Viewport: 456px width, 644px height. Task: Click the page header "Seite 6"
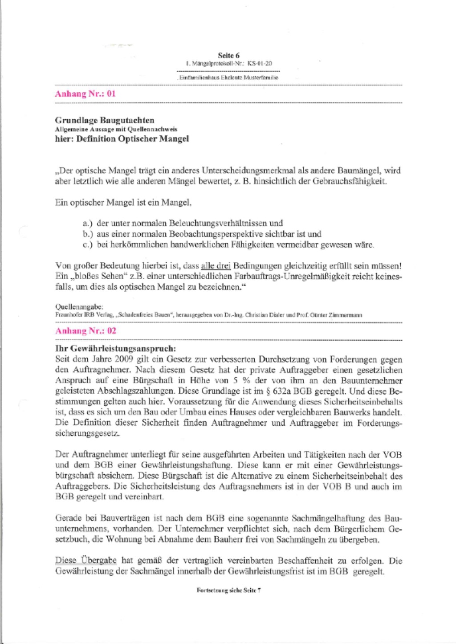point(228,56)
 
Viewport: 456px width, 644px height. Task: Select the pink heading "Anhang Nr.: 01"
point(85,94)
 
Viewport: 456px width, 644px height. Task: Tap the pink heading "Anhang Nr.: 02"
point(85,331)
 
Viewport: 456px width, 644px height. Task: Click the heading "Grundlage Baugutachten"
point(105,120)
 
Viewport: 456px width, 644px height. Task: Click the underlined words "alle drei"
point(216,266)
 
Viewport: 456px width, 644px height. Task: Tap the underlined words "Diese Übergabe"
point(86,561)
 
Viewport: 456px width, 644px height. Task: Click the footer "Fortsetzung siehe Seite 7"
point(228,590)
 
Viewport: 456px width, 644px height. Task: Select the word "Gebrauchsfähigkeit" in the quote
point(351,182)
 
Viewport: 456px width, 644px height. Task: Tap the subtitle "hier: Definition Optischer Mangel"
point(122,139)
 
